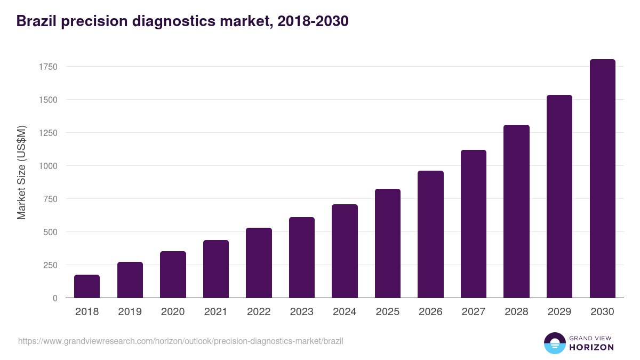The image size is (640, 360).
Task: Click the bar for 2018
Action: (x=87, y=286)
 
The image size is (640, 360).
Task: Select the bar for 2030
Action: (x=602, y=179)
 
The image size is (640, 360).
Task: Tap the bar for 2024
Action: (x=345, y=251)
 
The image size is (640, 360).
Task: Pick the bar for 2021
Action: (x=216, y=269)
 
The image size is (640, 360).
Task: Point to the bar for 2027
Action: (x=474, y=224)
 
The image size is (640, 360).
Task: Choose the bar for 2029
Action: (x=559, y=196)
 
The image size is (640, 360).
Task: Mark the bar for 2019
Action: (x=130, y=280)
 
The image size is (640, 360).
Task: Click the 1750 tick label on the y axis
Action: (x=47, y=67)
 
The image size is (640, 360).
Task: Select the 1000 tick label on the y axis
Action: (x=47, y=166)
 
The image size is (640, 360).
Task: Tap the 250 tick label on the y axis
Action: (x=50, y=265)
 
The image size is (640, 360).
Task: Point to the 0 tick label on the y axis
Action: (x=55, y=298)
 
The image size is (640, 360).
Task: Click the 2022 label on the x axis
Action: (x=259, y=312)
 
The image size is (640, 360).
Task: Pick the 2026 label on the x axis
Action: (x=430, y=312)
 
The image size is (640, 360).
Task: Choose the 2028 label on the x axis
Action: (x=516, y=312)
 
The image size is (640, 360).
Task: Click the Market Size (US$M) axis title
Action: (x=21, y=172)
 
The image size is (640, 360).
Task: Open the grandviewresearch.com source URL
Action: (x=181, y=341)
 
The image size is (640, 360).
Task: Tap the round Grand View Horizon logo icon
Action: (x=555, y=343)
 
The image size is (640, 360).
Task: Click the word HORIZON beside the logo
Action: (x=591, y=347)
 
